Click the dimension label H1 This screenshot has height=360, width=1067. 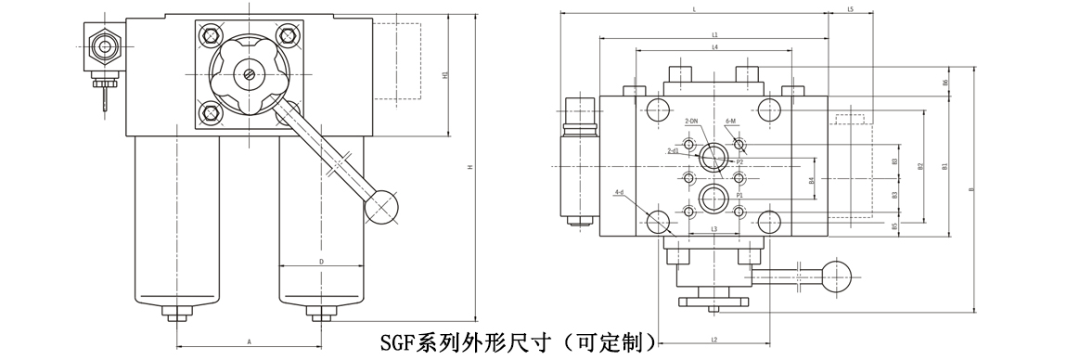click(445, 74)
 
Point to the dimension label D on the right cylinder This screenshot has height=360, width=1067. click(320, 263)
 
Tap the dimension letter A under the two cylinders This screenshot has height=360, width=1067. click(249, 341)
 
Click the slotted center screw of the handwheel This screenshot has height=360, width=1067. click(250, 75)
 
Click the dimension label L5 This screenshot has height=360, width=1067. click(851, 9)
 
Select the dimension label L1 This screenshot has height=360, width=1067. click(714, 33)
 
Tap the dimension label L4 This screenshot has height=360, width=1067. click(714, 46)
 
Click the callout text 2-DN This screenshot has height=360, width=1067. click(690, 122)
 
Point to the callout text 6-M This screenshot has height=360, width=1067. click(730, 122)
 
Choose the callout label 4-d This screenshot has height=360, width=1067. click(619, 192)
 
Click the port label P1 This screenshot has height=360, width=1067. click(739, 196)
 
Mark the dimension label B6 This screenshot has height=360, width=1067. click(945, 83)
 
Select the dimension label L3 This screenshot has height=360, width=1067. click(713, 228)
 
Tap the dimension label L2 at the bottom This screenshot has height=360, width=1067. click(713, 341)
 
